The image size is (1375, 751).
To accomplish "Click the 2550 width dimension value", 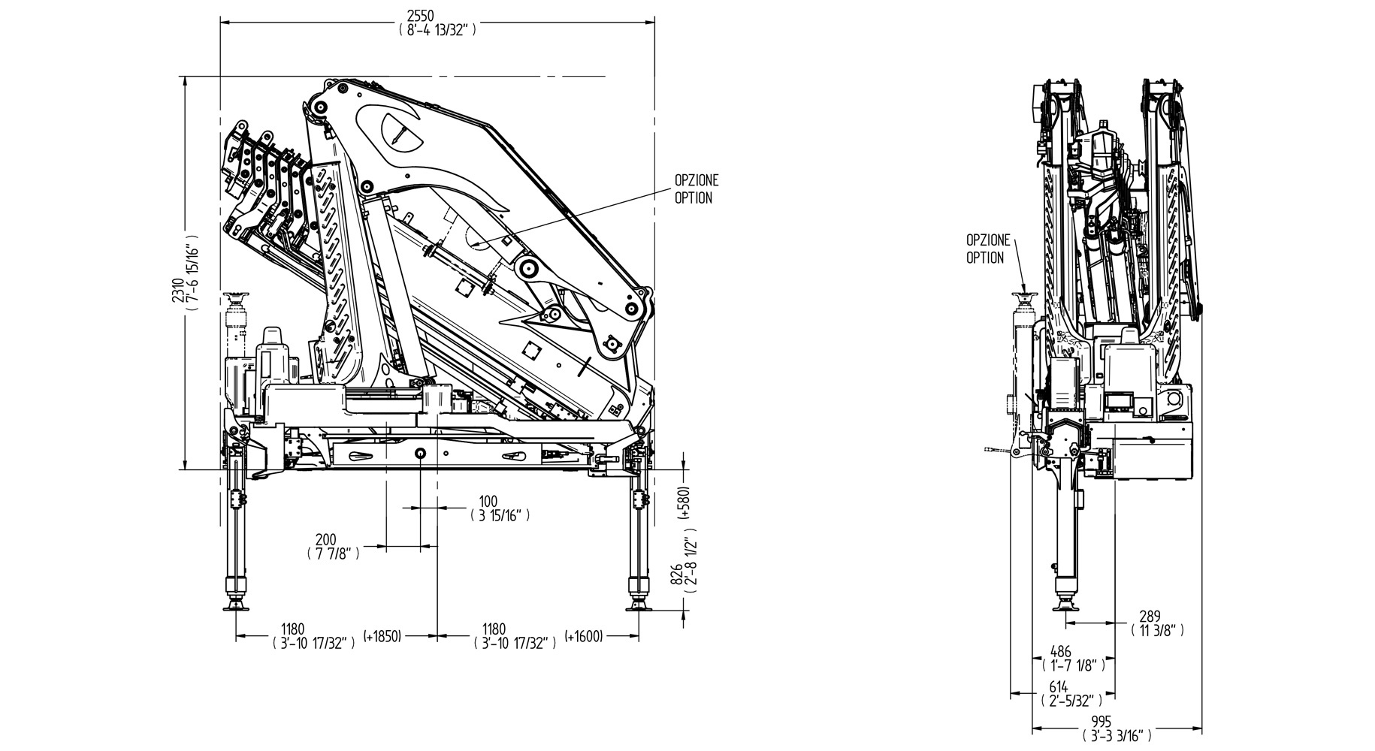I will [x=437, y=16].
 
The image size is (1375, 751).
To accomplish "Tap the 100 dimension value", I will [x=488, y=501].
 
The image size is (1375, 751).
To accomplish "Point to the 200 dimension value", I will [x=325, y=539].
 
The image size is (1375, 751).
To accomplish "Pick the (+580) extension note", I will [x=684, y=504].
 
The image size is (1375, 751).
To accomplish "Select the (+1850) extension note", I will [x=382, y=637].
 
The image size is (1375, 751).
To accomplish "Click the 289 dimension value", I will [x=1150, y=616].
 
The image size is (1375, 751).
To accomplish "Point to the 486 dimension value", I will [x=1060, y=651].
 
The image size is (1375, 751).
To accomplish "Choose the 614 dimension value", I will [x=1059, y=686].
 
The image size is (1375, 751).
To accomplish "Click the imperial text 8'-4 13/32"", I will [x=437, y=30].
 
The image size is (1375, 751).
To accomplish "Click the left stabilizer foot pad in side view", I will [x=237, y=605].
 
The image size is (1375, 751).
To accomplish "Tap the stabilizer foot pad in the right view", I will [x=1066, y=605].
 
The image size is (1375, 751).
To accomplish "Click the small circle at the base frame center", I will [x=420, y=453].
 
